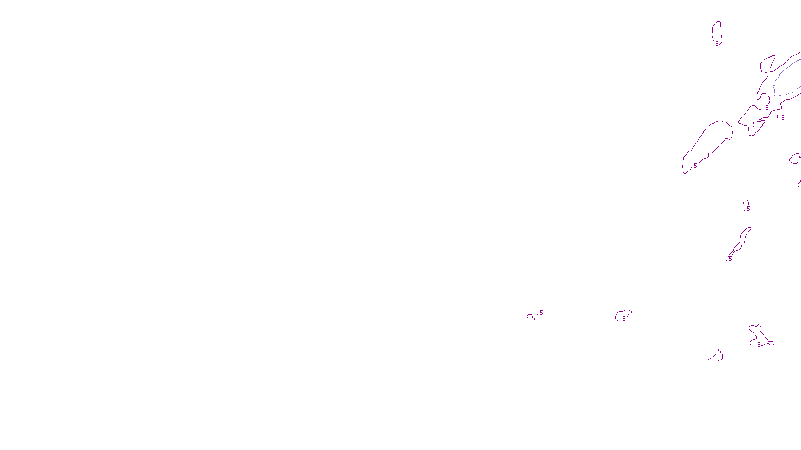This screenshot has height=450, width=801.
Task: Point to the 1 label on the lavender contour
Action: pos(774,84)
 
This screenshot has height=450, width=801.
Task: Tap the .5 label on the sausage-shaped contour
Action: pos(695,166)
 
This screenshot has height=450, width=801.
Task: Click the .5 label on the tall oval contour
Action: pos(716,44)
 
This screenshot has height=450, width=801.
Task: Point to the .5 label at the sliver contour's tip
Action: pos(729,259)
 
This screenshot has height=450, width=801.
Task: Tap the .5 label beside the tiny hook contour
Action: pos(747,209)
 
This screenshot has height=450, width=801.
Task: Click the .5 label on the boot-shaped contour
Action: pos(758,345)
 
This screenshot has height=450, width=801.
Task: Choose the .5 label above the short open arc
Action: pos(719,351)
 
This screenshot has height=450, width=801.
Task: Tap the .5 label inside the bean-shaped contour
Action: pos(623,318)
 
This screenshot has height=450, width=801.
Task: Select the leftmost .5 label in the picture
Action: pos(533,318)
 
